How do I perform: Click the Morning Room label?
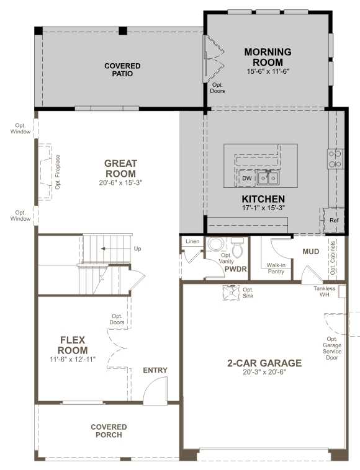268,57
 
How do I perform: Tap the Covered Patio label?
122,69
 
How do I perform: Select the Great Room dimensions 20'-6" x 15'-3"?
120,182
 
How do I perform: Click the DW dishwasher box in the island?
246,178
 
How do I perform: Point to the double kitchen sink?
268,178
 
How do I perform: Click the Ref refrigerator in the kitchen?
333,220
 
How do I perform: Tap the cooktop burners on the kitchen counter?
335,159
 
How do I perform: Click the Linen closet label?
192,241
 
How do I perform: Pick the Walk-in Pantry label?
276,268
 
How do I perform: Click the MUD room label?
311,252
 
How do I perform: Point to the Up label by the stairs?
137,249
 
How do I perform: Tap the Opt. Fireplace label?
58,172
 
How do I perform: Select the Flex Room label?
73,345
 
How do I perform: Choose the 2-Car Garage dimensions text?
264,372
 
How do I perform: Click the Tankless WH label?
324,291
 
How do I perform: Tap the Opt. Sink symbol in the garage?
232,293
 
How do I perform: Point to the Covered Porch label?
109,431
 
